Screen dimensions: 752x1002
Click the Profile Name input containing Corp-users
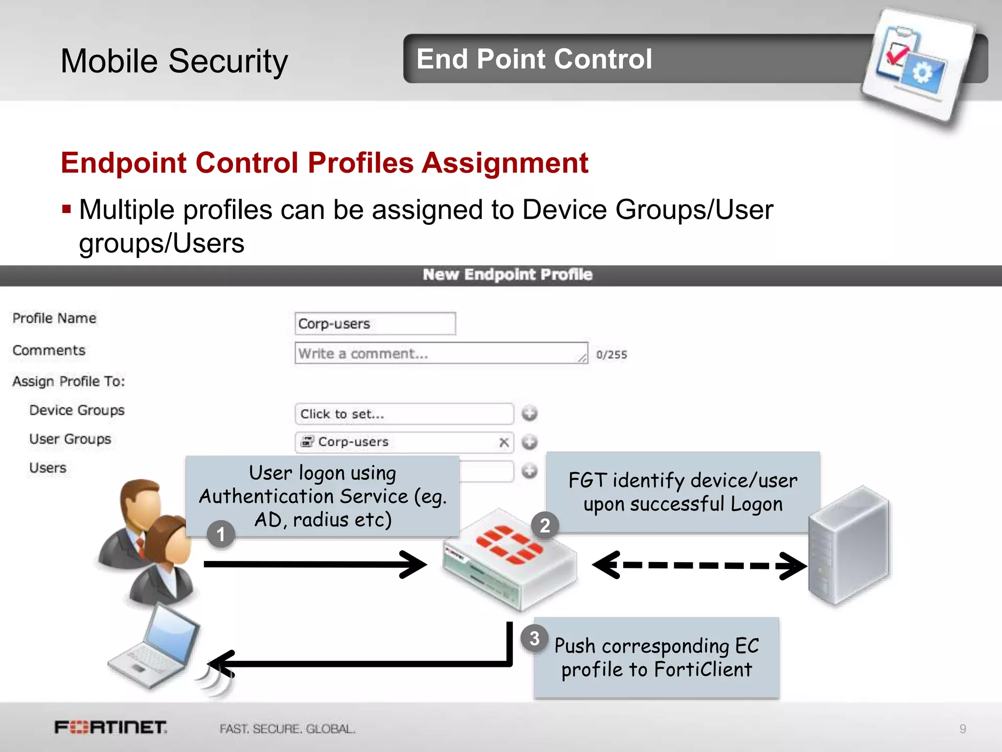click(x=375, y=324)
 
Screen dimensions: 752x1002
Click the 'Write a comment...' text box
click(x=440, y=353)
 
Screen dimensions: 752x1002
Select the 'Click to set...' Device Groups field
click(x=404, y=414)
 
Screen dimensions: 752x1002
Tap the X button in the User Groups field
click(x=503, y=443)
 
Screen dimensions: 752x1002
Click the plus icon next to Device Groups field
click(x=529, y=414)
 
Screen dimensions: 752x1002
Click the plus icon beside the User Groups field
click(x=529, y=443)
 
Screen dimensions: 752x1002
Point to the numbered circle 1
click(x=221, y=534)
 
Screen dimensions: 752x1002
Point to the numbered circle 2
click(x=545, y=526)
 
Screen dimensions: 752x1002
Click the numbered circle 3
click(x=534, y=638)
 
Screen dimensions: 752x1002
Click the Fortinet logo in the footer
click(x=111, y=728)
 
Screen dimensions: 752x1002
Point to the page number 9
click(x=962, y=729)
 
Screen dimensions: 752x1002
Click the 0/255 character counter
click(x=611, y=355)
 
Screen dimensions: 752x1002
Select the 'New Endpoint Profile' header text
click(x=507, y=275)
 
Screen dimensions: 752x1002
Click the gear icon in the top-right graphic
click(x=923, y=74)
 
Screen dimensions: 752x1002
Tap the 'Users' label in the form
click(x=48, y=468)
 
